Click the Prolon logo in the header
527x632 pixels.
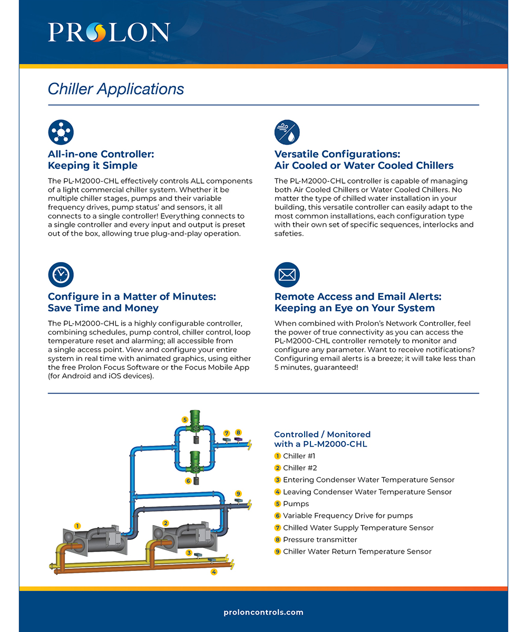coord(109,32)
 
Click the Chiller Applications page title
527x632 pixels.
coord(116,89)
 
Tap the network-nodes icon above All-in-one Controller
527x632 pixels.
coord(61,133)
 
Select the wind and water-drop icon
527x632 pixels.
coord(287,133)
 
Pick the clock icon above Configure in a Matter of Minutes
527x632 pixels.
coord(61,275)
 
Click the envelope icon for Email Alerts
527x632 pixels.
coord(287,275)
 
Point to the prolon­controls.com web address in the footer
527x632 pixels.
coord(263,612)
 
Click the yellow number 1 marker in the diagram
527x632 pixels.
coord(77,526)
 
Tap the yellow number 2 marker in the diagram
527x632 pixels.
coord(166,523)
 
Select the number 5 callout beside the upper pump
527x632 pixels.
coord(185,419)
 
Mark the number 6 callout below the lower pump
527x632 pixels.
coord(188,481)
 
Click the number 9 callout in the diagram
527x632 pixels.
coord(238,494)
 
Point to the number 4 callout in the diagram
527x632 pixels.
coord(214,571)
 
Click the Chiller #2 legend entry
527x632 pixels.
coord(299,468)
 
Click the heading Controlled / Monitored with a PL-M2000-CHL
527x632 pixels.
coord(322,439)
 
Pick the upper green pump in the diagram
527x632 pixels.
coord(195,426)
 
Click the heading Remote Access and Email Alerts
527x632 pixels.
coord(358,302)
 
